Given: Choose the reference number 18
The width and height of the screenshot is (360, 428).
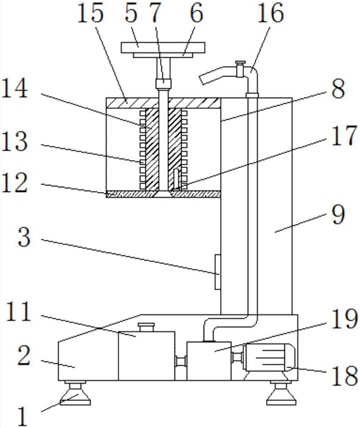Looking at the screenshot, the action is click(344, 376).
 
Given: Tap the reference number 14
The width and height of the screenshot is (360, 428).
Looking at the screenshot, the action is click(15, 89).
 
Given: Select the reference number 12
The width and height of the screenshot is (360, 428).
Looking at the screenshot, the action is click(15, 182).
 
